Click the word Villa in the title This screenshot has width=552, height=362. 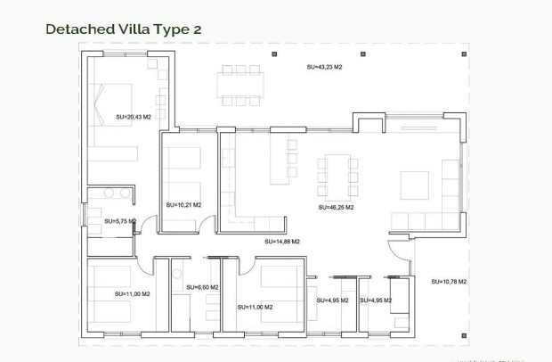130,29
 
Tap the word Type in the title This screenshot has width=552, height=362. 169,29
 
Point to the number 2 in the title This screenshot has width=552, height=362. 197,29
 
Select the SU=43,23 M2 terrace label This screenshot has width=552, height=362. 324,67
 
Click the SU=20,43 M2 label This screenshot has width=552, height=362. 134,116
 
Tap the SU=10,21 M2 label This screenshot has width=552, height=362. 183,204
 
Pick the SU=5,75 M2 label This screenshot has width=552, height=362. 120,220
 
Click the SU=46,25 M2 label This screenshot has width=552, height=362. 336,207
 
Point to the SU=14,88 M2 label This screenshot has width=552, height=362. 282,241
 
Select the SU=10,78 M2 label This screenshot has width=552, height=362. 449,281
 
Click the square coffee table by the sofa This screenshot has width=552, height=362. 415,185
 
